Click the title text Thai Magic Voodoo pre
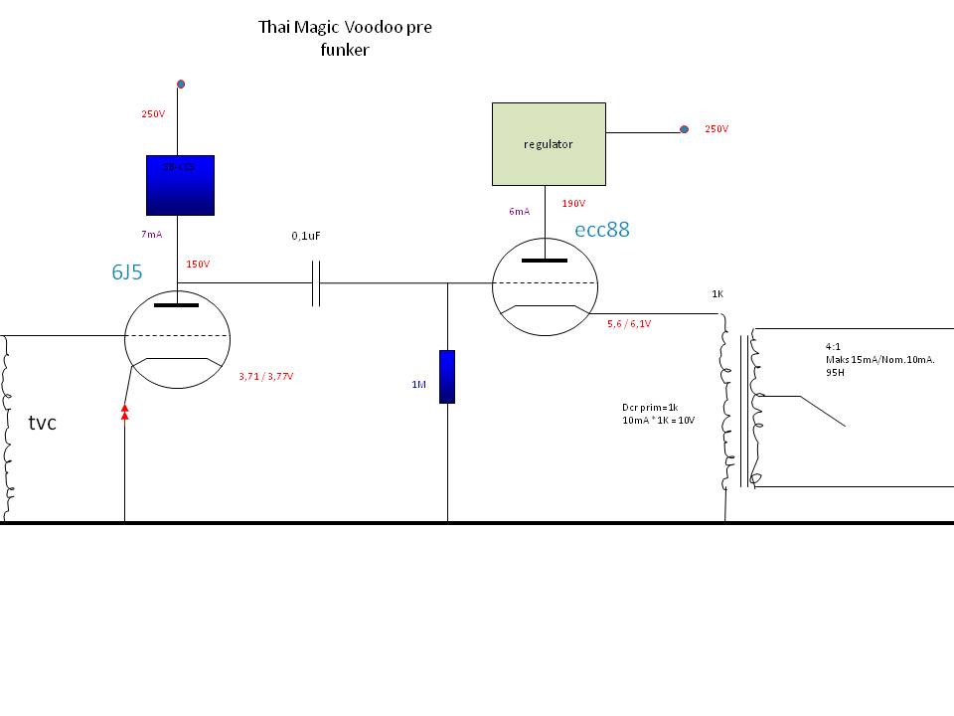[x=345, y=27]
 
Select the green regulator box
[x=549, y=144]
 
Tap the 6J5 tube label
[x=126, y=272]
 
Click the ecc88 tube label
[x=601, y=230]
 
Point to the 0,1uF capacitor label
[x=307, y=236]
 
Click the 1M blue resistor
[x=447, y=376]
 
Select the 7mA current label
[x=152, y=234]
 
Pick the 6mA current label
[x=519, y=211]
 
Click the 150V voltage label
[x=198, y=265]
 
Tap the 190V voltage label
[x=573, y=204]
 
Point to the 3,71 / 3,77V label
[x=266, y=377]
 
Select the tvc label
[x=43, y=423]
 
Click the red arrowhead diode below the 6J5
[x=124, y=411]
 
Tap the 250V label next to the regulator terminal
[x=715, y=129]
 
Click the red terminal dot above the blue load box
[x=180, y=85]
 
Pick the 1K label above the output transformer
[x=717, y=294]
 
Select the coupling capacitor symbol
[x=316, y=283]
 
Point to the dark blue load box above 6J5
[x=180, y=185]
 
